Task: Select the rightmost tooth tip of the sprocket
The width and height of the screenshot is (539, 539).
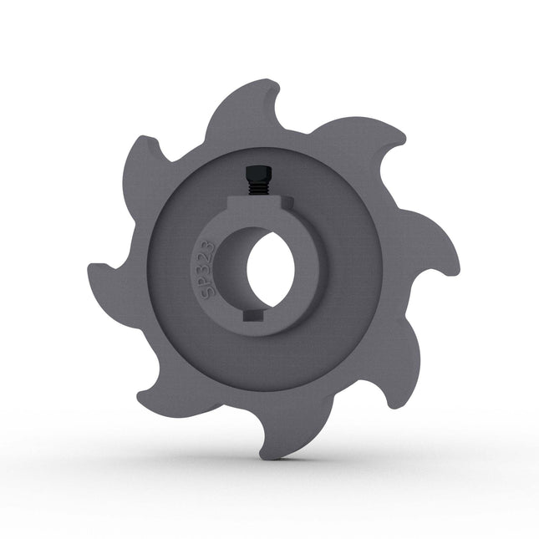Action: click(458, 266)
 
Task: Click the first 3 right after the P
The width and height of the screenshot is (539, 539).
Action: click(202, 267)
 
